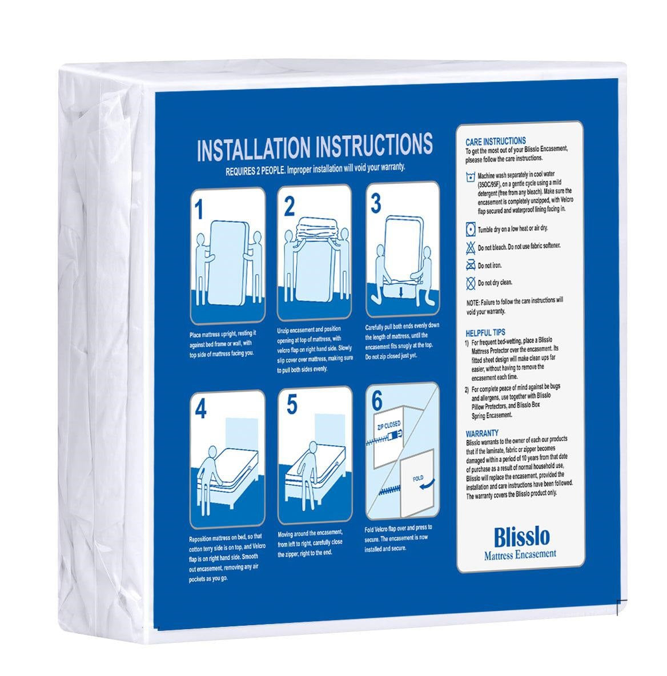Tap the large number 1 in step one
point(198,210)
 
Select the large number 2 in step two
point(290,207)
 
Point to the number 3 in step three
point(376,203)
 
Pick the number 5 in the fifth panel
point(292,404)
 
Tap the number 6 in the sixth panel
point(377,401)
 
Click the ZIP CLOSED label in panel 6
point(388,425)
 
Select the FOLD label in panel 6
point(418,478)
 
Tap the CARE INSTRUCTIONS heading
point(496,141)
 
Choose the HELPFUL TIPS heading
point(485,332)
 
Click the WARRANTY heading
point(482,433)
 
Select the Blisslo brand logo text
point(522,537)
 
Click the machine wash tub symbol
point(471,177)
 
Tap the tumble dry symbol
point(471,230)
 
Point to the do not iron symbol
point(471,265)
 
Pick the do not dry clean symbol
point(471,283)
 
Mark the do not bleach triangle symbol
point(471,248)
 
